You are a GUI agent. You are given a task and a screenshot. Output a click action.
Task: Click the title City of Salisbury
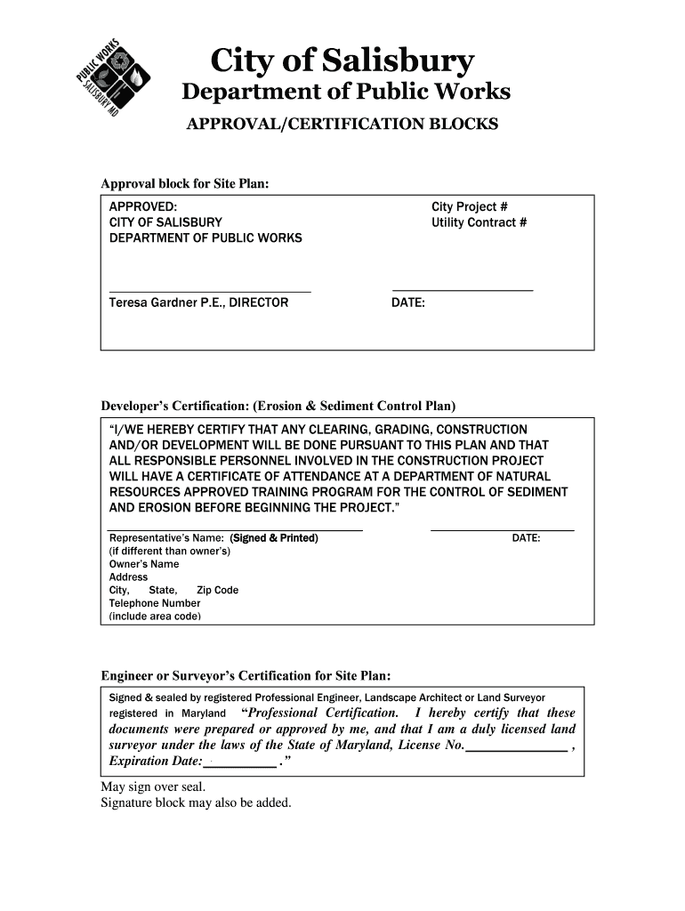342,61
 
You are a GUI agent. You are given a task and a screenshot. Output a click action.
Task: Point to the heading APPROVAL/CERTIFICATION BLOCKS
342,124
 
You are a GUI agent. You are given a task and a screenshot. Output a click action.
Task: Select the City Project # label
470,206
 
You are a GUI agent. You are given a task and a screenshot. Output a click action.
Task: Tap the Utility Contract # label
479,222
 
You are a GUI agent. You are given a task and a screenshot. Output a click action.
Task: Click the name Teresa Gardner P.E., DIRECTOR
198,302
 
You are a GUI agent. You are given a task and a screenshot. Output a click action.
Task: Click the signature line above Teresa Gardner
210,291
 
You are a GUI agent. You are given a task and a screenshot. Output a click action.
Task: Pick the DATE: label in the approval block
408,302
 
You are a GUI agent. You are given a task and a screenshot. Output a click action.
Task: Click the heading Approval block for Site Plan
184,183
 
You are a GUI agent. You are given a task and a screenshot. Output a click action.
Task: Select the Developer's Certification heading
278,407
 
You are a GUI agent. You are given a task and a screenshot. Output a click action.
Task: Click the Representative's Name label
166,538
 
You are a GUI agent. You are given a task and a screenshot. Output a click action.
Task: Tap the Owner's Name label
144,564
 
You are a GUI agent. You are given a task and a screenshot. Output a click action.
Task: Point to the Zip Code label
217,590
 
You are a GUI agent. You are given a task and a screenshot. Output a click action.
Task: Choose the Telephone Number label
155,603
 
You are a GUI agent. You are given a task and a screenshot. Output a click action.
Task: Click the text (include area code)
155,616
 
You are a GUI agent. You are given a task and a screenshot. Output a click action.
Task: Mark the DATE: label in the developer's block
526,538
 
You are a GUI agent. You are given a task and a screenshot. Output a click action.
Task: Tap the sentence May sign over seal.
153,787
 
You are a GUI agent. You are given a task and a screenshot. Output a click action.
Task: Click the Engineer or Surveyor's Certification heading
246,675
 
